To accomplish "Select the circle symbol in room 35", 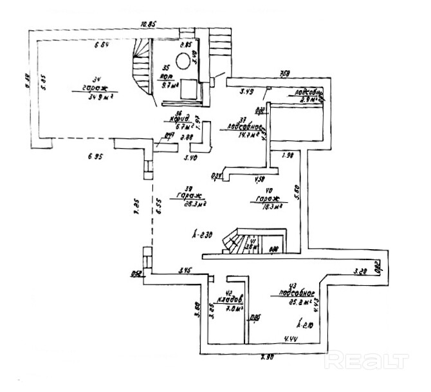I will tap(183, 61).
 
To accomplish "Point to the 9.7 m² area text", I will tap(170, 84).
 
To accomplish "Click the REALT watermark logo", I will tap(366, 360).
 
